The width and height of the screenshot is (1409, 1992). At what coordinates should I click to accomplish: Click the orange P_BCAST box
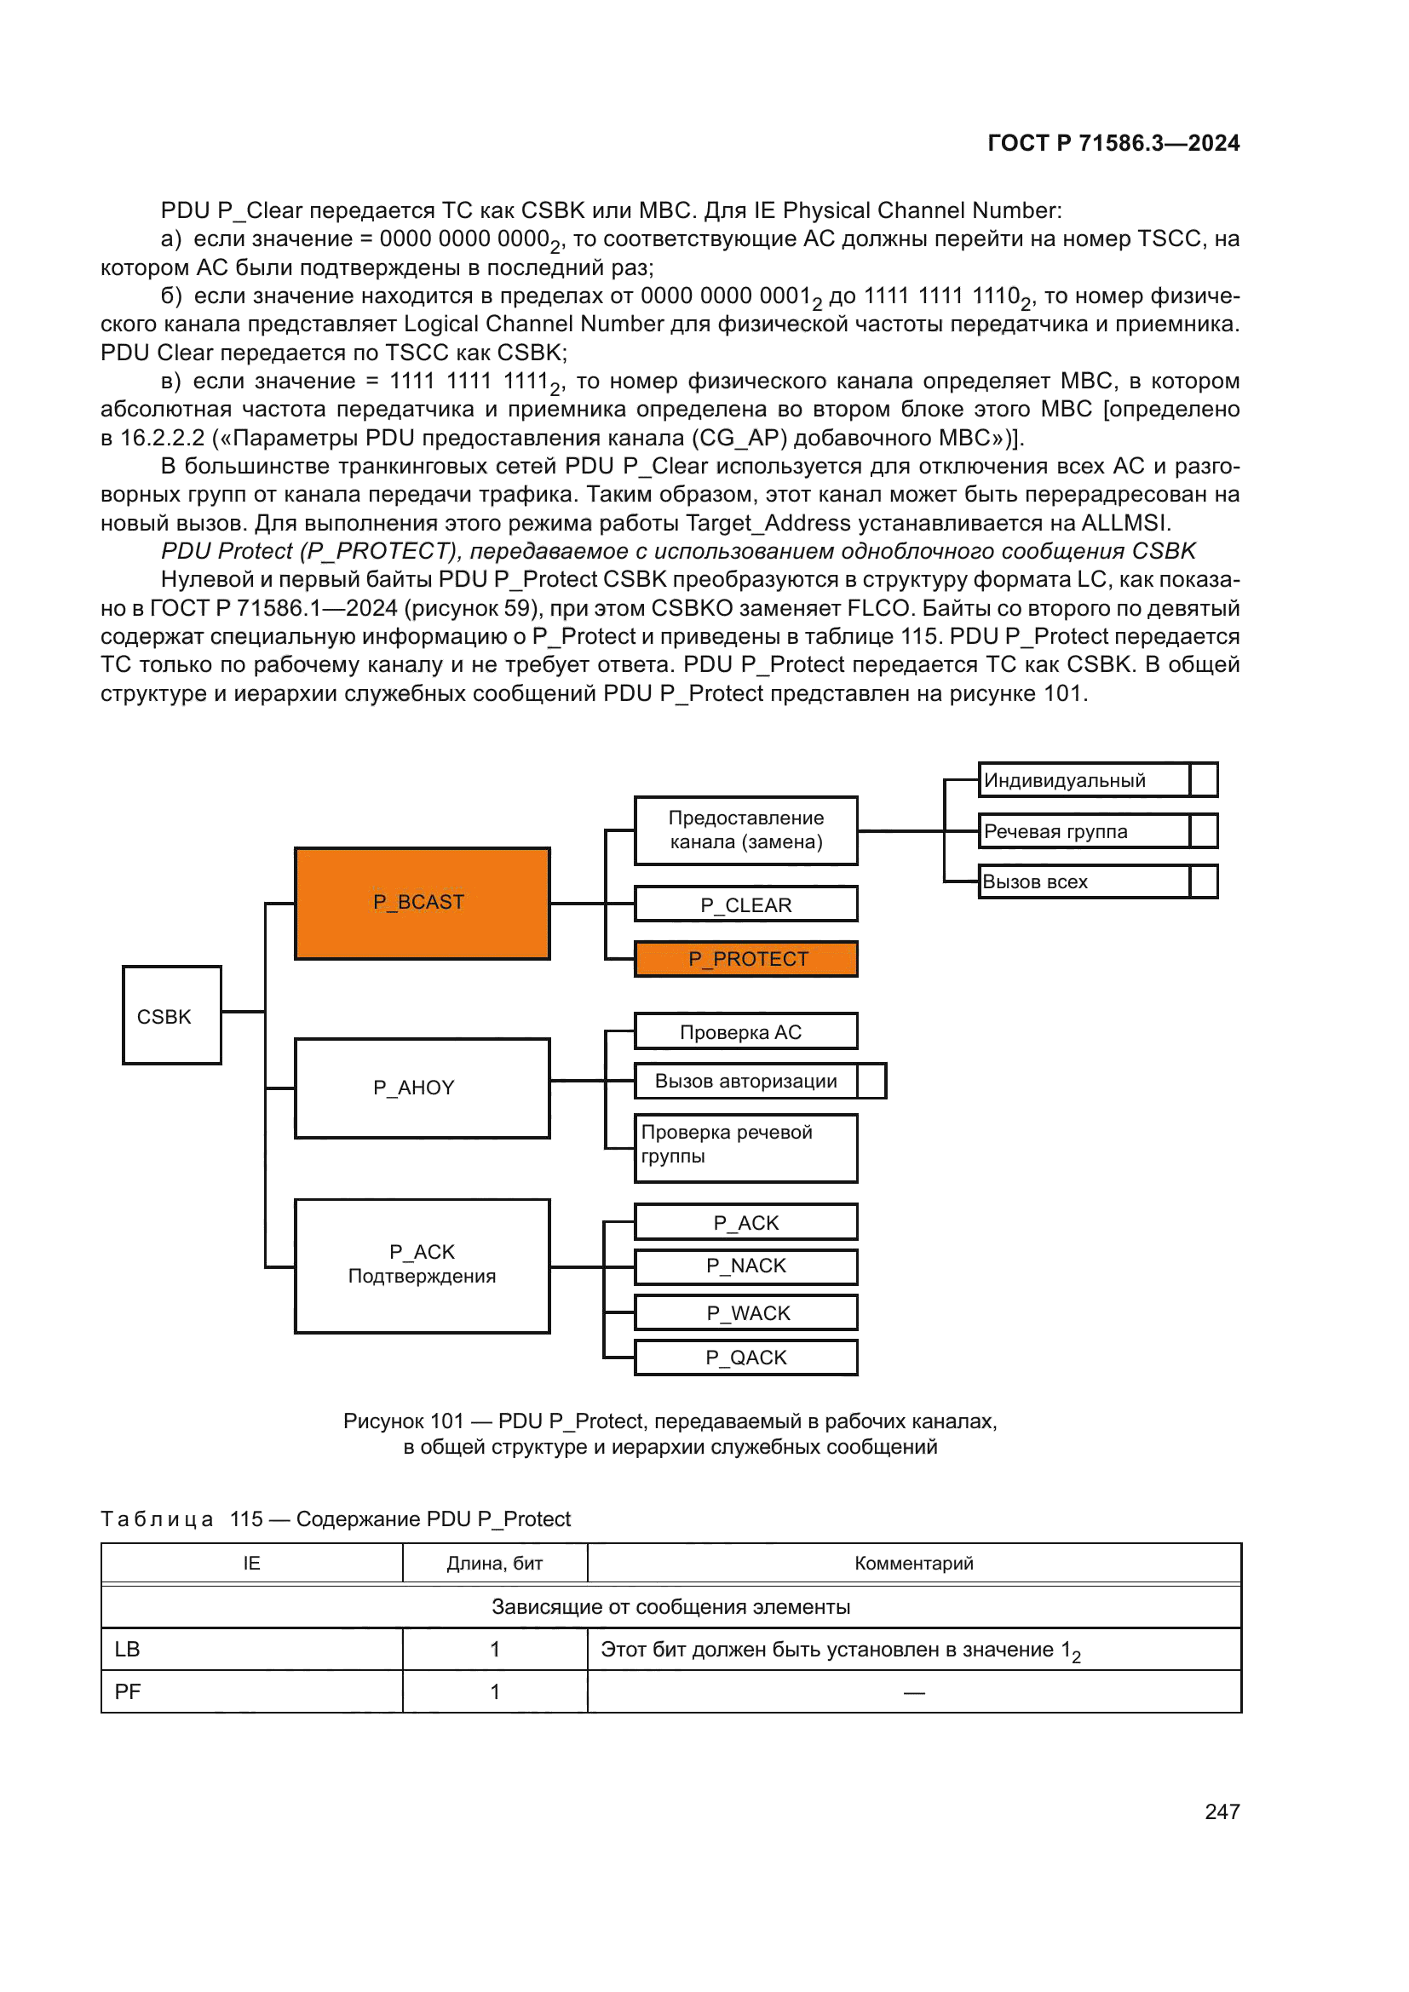pyautogui.click(x=422, y=903)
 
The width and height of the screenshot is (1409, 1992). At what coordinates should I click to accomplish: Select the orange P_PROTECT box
pyautogui.click(x=746, y=959)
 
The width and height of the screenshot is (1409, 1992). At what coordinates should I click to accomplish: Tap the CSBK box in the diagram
pyautogui.click(x=172, y=1015)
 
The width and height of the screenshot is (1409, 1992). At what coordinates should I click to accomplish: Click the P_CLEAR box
pyautogui.click(x=746, y=904)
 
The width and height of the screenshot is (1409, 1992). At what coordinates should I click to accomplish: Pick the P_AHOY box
pyautogui.click(x=422, y=1088)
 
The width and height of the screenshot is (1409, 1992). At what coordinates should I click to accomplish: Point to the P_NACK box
pyautogui.click(x=746, y=1266)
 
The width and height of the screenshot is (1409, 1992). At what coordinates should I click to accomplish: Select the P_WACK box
pyautogui.click(x=746, y=1312)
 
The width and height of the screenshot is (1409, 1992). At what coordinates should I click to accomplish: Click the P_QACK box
pyautogui.click(x=746, y=1358)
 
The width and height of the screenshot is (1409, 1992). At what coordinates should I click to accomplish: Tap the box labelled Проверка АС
pyautogui.click(x=746, y=1031)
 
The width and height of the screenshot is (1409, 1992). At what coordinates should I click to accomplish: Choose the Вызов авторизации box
pyautogui.click(x=746, y=1081)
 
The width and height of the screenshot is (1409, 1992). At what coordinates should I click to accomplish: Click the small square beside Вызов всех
pyautogui.click(x=1204, y=881)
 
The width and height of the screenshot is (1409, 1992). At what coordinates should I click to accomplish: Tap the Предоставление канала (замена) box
pyautogui.click(x=746, y=830)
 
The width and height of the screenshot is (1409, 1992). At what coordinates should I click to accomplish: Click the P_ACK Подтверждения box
pyautogui.click(x=422, y=1266)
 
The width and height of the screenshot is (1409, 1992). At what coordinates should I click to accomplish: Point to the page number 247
pyautogui.click(x=1222, y=1811)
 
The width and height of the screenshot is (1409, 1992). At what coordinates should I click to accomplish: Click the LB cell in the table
pyautogui.click(x=251, y=1650)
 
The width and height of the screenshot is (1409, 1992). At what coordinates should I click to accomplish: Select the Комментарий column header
pyautogui.click(x=913, y=1564)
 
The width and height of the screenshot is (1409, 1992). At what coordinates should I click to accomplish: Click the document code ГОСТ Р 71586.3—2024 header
pyautogui.click(x=1113, y=143)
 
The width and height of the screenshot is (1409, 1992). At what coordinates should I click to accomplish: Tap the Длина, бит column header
pyautogui.click(x=495, y=1564)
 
